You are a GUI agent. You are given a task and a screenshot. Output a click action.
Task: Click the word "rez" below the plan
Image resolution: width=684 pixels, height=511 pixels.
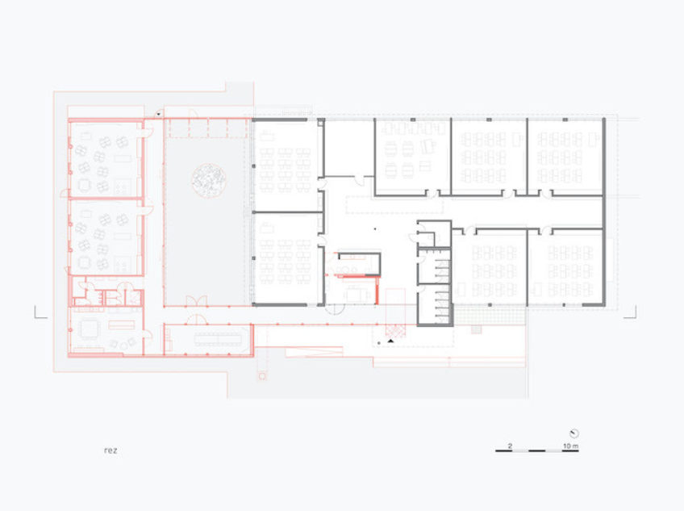[x=111, y=450]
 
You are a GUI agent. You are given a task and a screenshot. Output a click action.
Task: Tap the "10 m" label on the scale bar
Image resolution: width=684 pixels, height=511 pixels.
[x=570, y=446]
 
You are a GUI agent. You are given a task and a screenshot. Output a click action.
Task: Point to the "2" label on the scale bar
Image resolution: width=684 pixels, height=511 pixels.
[x=510, y=446]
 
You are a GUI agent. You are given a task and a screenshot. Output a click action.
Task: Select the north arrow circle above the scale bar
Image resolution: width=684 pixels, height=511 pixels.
[x=574, y=434]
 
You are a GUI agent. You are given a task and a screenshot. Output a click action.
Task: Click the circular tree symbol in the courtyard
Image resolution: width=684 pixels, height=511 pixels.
[x=209, y=180]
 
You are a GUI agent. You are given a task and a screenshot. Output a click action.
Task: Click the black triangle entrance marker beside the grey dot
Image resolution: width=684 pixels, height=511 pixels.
[x=391, y=340]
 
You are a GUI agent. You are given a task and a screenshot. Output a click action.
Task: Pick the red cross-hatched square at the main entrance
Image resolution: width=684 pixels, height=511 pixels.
[x=395, y=331]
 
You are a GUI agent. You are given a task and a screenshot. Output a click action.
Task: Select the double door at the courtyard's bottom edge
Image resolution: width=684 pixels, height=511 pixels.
[x=196, y=300]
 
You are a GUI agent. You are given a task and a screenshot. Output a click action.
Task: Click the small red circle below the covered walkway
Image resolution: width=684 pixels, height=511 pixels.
[x=262, y=376]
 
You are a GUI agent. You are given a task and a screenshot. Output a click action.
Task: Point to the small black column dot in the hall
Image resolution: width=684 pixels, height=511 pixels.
[x=375, y=228]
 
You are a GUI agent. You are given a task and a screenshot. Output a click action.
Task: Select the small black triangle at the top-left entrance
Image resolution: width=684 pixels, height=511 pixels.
[x=159, y=115]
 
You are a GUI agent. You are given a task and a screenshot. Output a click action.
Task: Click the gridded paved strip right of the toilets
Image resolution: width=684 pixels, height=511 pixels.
[x=489, y=315]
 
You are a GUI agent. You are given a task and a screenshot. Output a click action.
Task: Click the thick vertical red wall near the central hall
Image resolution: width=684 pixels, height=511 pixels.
[x=377, y=290]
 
